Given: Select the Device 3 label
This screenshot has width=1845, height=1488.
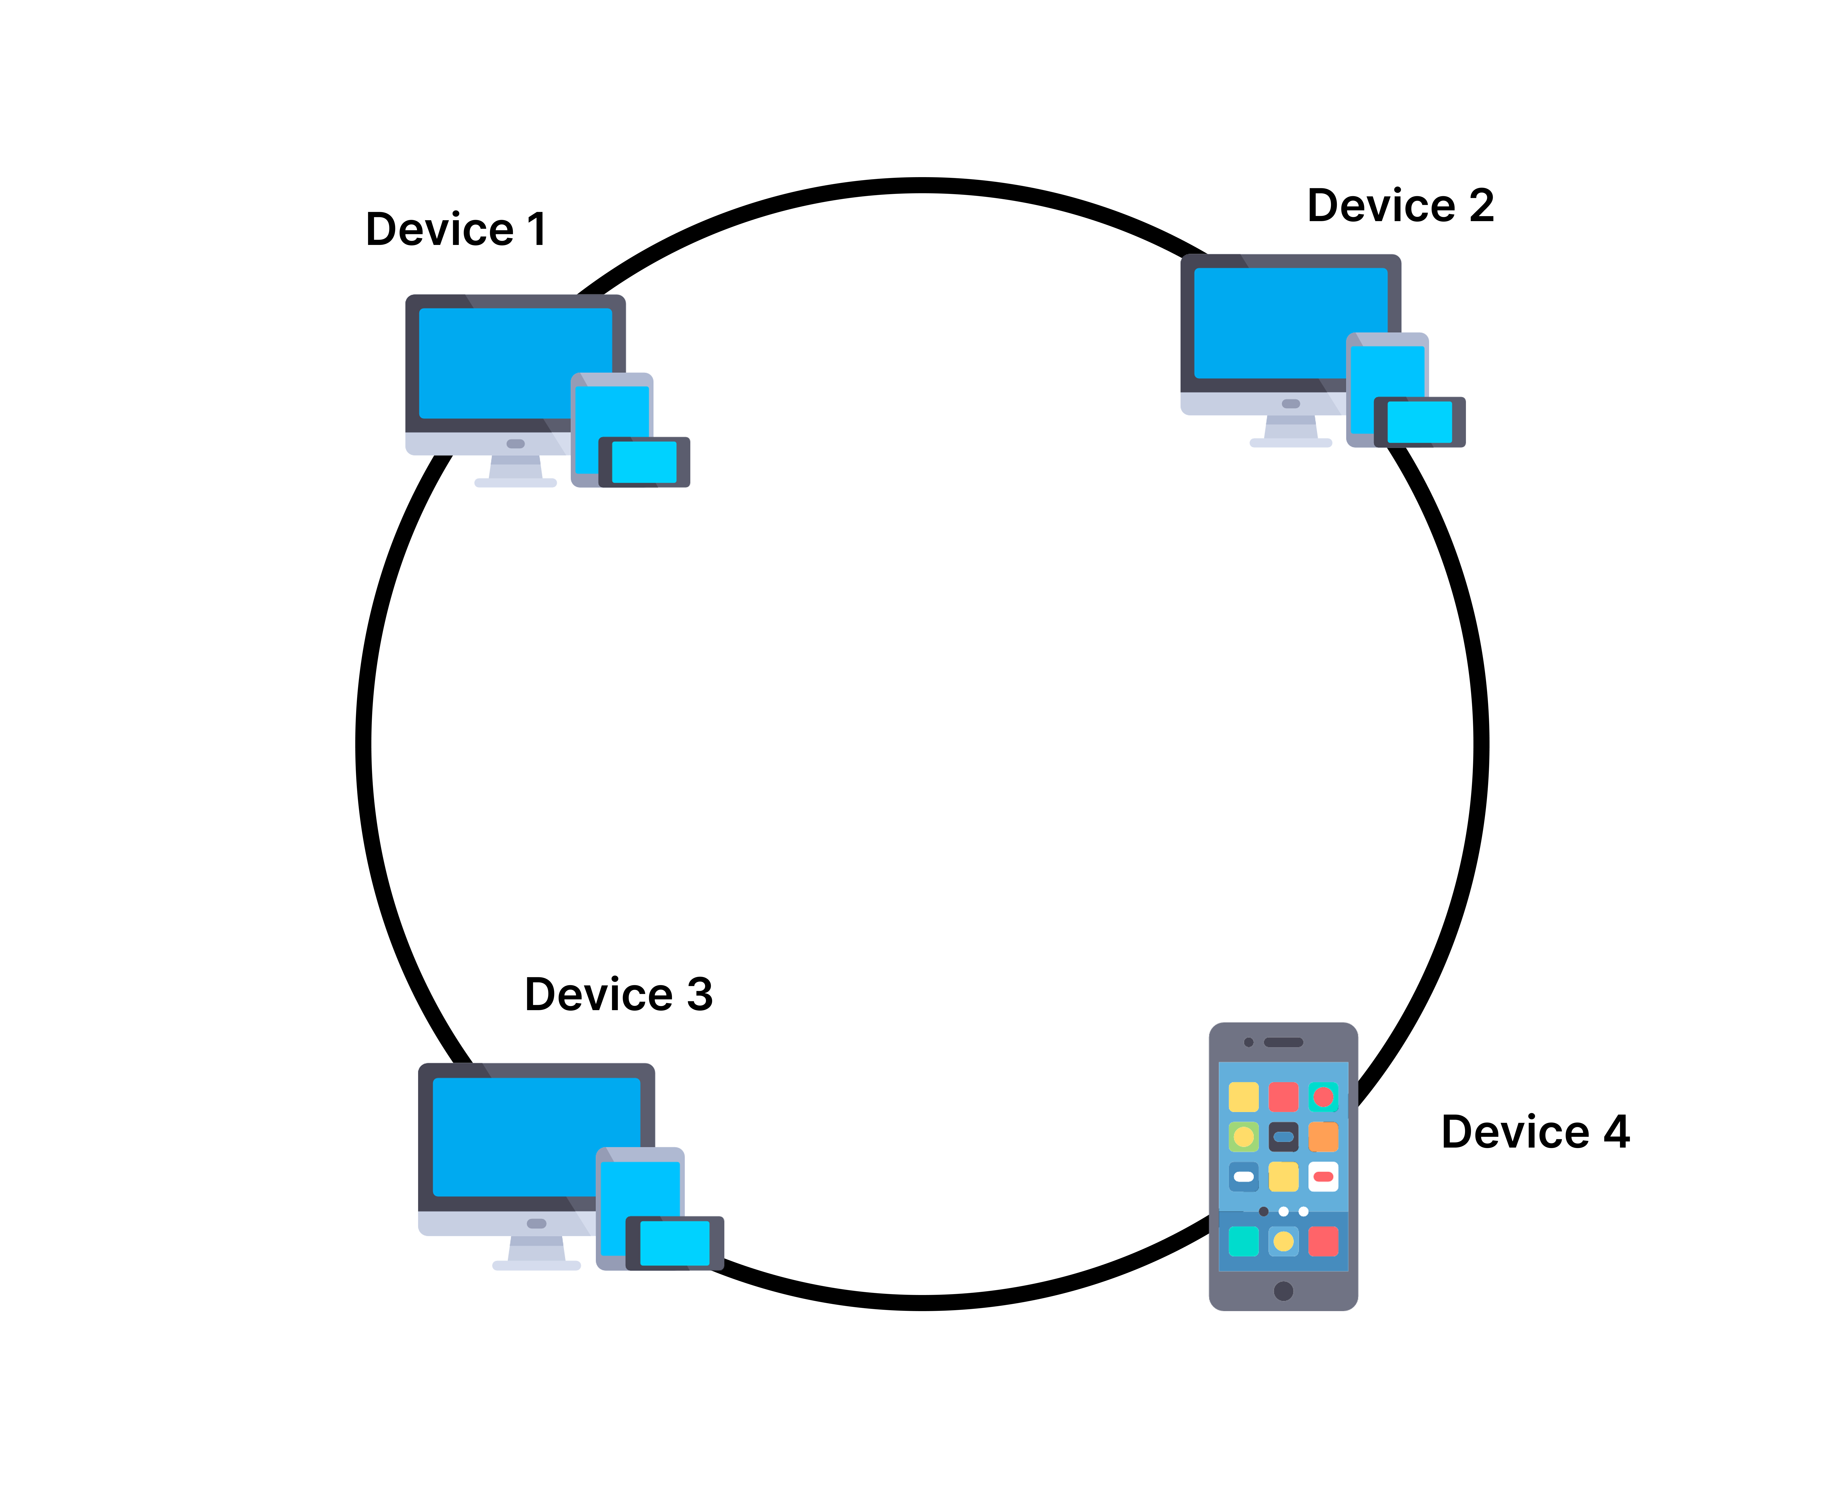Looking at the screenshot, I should coord(618,994).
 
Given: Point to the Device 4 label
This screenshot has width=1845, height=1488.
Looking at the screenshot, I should coord(1535,1131).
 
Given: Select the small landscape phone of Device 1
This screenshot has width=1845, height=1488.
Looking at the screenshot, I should coord(644,462).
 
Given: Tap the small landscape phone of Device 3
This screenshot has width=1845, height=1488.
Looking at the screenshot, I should coord(675,1243).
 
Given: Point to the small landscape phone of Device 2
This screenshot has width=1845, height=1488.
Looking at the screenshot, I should coord(1420,422).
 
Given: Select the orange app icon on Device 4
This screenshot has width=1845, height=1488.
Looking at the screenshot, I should coord(1323,1136).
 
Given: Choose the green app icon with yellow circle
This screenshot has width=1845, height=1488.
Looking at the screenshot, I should coord(1243,1136).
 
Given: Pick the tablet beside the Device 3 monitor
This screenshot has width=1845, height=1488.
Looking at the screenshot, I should coord(640,1183).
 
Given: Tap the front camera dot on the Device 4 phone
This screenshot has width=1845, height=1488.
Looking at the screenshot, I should coord(1248,1042).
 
